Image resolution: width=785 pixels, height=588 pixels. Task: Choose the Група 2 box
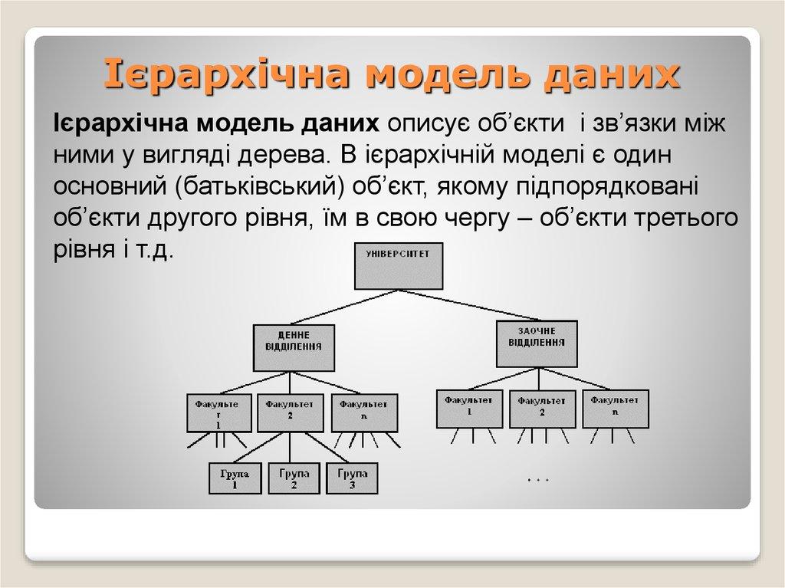coord(294,478)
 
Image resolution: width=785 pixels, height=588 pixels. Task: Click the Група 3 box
coord(352,478)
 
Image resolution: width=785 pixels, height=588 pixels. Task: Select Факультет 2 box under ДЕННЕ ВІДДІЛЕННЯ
coord(289,413)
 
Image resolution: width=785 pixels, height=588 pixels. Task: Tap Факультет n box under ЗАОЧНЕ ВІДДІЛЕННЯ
coord(615,408)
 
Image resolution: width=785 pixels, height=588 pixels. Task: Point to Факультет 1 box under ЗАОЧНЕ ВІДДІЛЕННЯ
coord(468,408)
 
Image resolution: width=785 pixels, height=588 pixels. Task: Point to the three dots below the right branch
coord(539,481)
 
